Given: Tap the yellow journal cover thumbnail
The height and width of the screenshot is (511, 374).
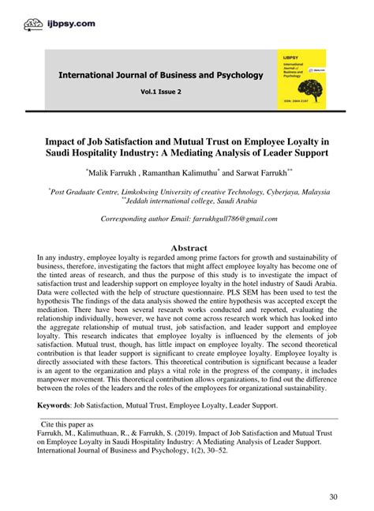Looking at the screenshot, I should point(301,79).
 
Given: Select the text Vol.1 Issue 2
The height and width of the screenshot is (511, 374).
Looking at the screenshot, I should point(160,92).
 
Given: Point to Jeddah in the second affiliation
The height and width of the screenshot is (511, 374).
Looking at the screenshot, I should point(131,201).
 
